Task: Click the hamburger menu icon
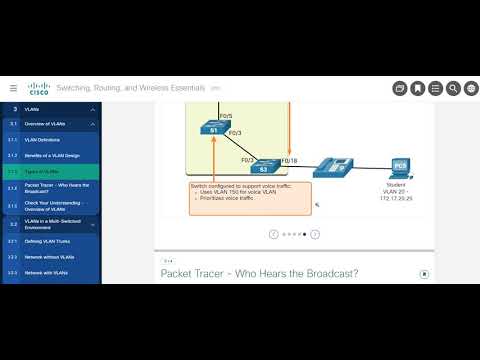pyautogui.click(x=14, y=88)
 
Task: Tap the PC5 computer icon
pyautogui.click(x=399, y=165)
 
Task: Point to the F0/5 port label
pyautogui.click(x=225, y=116)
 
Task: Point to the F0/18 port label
pyautogui.click(x=289, y=160)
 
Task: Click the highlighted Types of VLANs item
pyautogui.click(x=44, y=171)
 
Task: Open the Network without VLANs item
pyautogui.click(x=51, y=257)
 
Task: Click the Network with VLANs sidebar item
pyautogui.click(x=47, y=272)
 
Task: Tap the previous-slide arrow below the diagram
pyautogui.click(x=273, y=234)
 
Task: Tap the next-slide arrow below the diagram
pyautogui.click(x=315, y=234)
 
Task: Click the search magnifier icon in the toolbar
pyautogui.click(x=453, y=88)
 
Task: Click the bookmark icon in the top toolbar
pyautogui.click(x=417, y=88)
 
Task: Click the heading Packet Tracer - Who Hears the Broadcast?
pyautogui.click(x=259, y=274)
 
